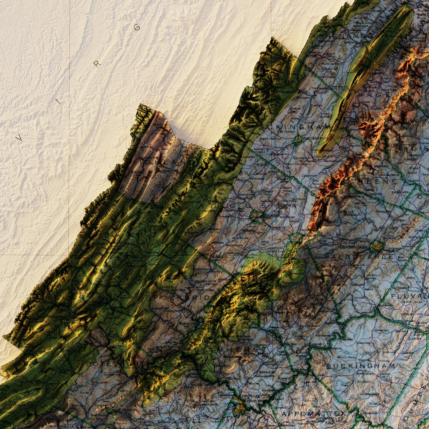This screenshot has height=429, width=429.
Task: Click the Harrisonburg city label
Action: click(x=315, y=138)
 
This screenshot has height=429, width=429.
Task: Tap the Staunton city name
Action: click(x=271, y=216)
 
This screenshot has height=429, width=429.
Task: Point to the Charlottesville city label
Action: click(x=353, y=247)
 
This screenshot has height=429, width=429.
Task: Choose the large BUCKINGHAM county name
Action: click(x=361, y=366)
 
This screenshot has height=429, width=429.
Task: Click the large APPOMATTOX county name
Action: click(x=314, y=414)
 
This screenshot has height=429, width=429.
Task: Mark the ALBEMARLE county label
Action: click(x=362, y=257)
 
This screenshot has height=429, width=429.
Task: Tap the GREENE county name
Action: click(x=373, y=181)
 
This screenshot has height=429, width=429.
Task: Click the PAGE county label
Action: click(x=374, y=95)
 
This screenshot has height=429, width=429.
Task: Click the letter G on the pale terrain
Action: click(x=137, y=27)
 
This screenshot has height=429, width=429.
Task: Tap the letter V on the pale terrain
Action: click(x=19, y=138)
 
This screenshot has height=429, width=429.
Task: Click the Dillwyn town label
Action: click(x=386, y=374)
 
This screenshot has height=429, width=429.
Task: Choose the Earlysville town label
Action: click(x=383, y=211)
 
